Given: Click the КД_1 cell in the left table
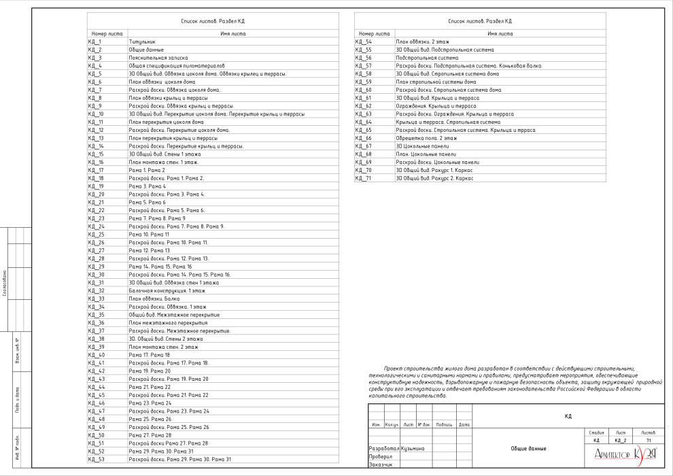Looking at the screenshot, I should click(x=94, y=41).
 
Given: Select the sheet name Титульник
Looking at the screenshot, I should click(x=142, y=41).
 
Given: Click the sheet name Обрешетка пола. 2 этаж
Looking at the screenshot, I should click(x=426, y=138).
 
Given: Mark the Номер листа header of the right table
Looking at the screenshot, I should click(x=374, y=33).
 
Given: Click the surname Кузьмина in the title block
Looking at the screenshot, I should click(x=413, y=449).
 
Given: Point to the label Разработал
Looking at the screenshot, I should click(x=383, y=449).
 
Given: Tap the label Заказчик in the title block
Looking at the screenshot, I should click(x=381, y=465).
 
